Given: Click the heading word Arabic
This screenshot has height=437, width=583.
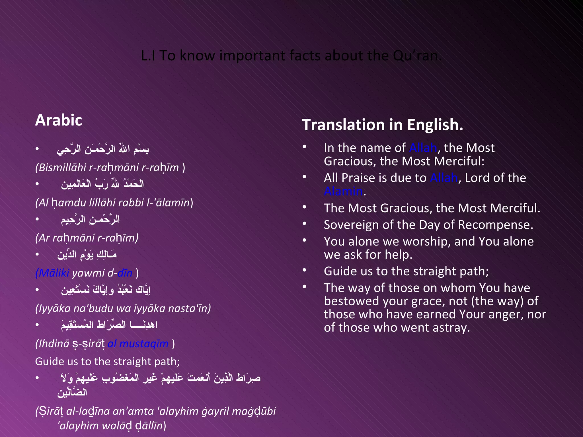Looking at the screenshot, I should [x=59, y=120].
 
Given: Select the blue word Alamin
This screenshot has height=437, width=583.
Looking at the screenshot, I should [x=343, y=191].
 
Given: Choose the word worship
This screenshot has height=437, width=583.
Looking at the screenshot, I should [x=427, y=242].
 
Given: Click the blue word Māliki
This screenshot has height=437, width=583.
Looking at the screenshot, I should [x=54, y=273].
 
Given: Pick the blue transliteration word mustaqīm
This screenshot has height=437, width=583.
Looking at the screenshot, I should [x=144, y=344].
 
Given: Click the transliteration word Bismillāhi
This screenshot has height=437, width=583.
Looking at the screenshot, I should [x=62, y=168].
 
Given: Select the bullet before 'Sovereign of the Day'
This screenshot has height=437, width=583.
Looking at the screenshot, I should [x=304, y=224].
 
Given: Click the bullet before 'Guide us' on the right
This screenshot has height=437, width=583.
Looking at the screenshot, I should [x=304, y=270].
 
